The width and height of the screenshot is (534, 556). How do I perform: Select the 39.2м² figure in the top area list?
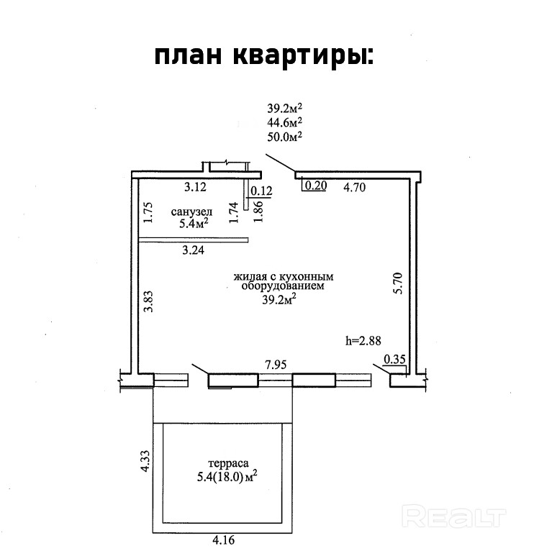[284, 109]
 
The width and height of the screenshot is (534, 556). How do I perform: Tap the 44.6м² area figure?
[284, 122]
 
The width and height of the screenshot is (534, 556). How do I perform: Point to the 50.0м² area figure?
[284, 136]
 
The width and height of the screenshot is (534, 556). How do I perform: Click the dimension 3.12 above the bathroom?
[194, 188]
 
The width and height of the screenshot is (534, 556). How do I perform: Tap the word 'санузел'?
[191, 212]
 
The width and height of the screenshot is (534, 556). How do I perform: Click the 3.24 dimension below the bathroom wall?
[193, 250]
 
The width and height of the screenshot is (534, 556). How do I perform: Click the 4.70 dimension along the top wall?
[356, 188]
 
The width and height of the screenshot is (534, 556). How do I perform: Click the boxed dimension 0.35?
[394, 360]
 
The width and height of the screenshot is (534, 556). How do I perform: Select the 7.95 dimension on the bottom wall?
[275, 365]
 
